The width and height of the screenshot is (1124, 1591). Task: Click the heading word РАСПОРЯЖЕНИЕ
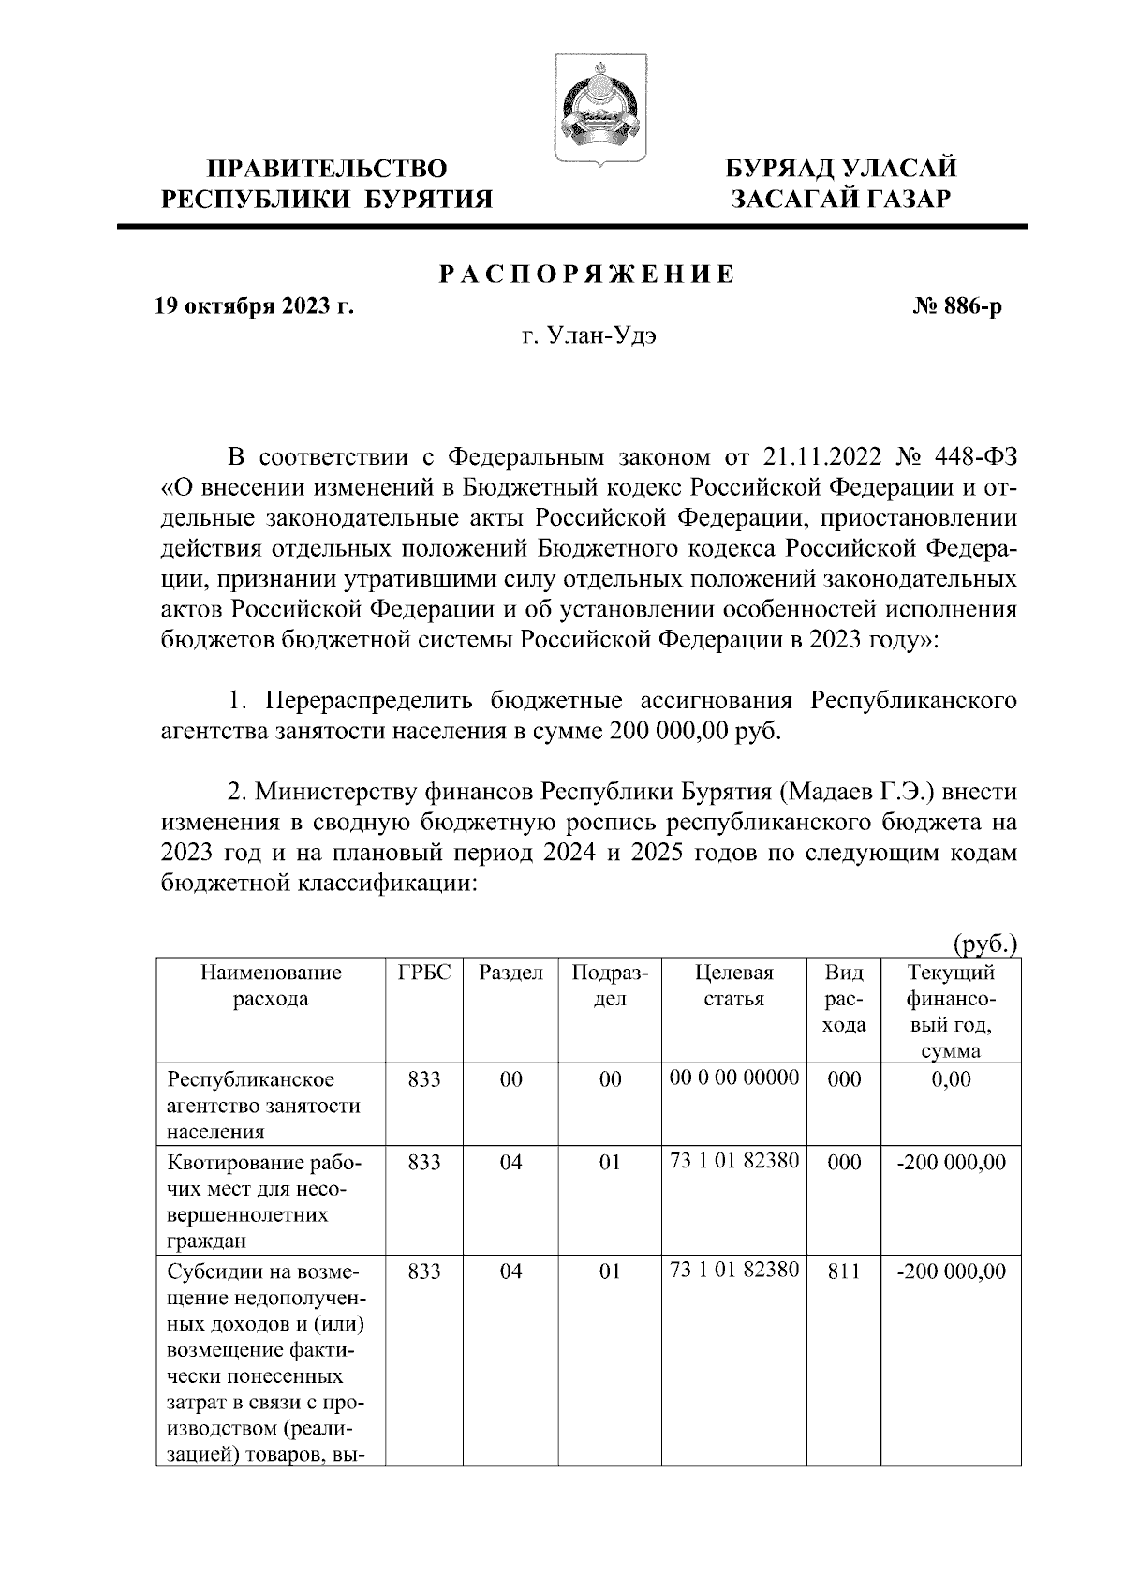pyautogui.click(x=587, y=275)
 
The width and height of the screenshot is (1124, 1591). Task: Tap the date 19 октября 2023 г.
pyautogui.click(x=254, y=306)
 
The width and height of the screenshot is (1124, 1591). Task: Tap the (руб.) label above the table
pyautogui.click(x=985, y=944)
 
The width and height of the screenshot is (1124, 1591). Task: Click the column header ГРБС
pyautogui.click(x=424, y=973)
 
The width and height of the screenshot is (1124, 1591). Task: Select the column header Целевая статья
pyautogui.click(x=734, y=986)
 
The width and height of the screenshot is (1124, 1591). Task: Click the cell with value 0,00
pyautogui.click(x=952, y=1079)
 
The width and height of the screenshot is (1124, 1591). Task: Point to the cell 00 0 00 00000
pyautogui.click(x=734, y=1078)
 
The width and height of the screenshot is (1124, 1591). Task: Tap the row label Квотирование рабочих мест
pyautogui.click(x=262, y=1202)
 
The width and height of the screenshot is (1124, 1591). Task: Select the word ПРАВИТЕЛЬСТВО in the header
pyautogui.click(x=327, y=169)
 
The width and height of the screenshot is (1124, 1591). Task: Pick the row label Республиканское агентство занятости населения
pyautogui.click(x=262, y=1105)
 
